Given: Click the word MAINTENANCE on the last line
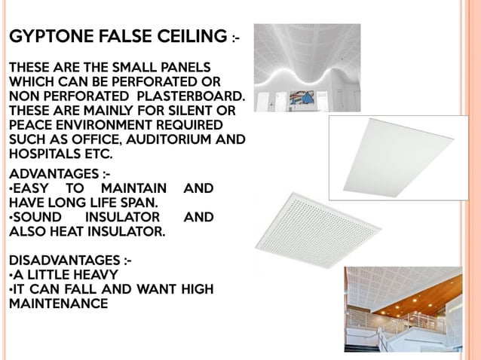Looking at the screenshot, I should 58,304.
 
